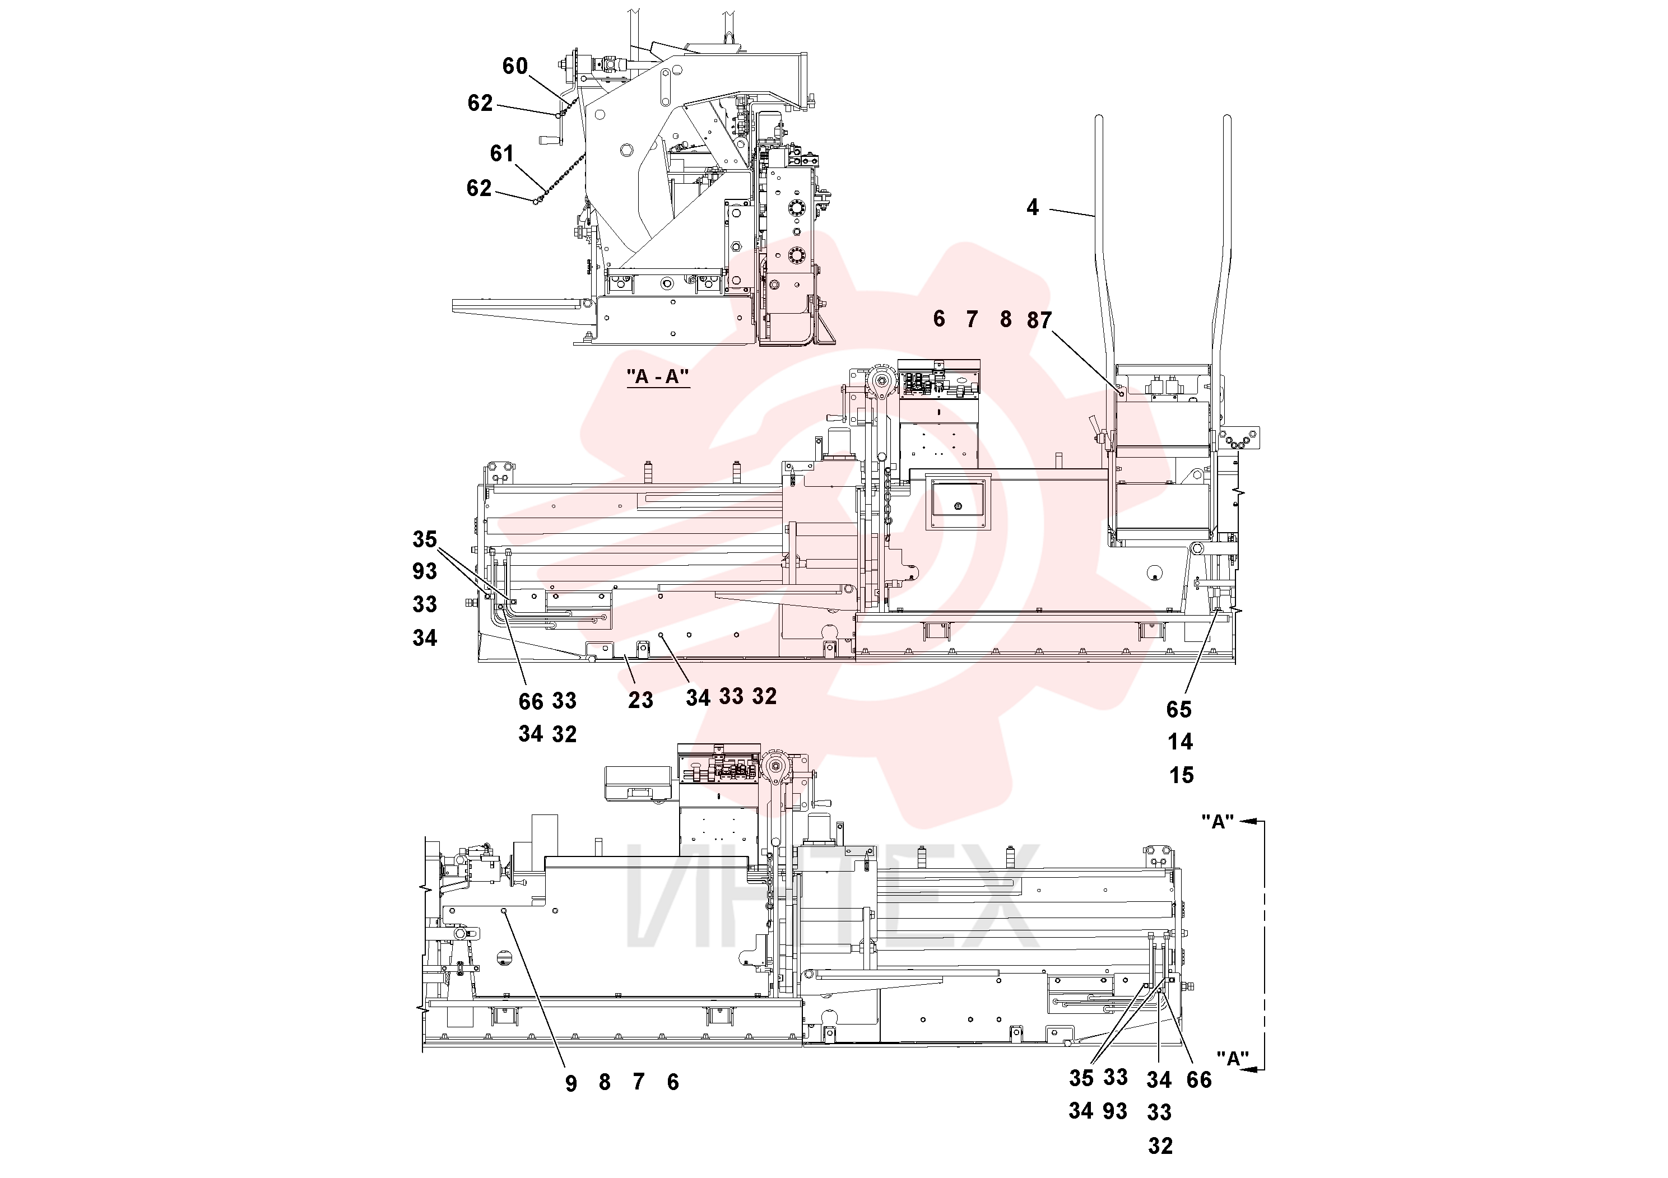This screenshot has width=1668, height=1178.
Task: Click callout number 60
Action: [514, 66]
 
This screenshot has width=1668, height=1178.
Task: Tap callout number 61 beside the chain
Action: [501, 153]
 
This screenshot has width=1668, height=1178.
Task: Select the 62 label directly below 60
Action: [480, 103]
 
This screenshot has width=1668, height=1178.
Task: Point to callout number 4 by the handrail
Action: [1032, 208]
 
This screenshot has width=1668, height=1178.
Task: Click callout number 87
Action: [1039, 320]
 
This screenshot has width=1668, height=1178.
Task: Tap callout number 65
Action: [1179, 710]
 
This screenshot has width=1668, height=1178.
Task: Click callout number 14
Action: [1181, 742]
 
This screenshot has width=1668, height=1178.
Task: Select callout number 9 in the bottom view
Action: [571, 1083]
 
